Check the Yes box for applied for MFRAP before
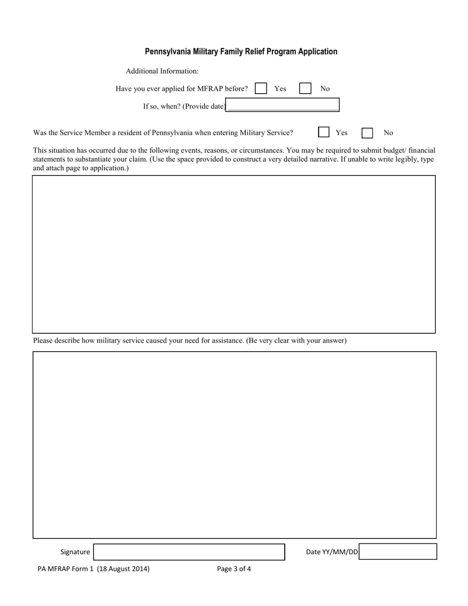(261, 88)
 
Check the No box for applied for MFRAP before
(305, 88)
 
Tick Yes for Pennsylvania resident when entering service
(324, 132)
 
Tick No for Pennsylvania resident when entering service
(367, 133)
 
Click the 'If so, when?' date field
(282, 106)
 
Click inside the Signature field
(189, 552)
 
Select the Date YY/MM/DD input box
(398, 551)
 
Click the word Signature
(75, 552)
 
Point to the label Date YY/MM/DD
(332, 552)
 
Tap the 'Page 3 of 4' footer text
(234, 569)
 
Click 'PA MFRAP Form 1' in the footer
(66, 569)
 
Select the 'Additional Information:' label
(162, 71)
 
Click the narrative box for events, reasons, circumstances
(234, 254)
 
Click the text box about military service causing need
(234, 444)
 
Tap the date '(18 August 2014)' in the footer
(123, 569)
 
